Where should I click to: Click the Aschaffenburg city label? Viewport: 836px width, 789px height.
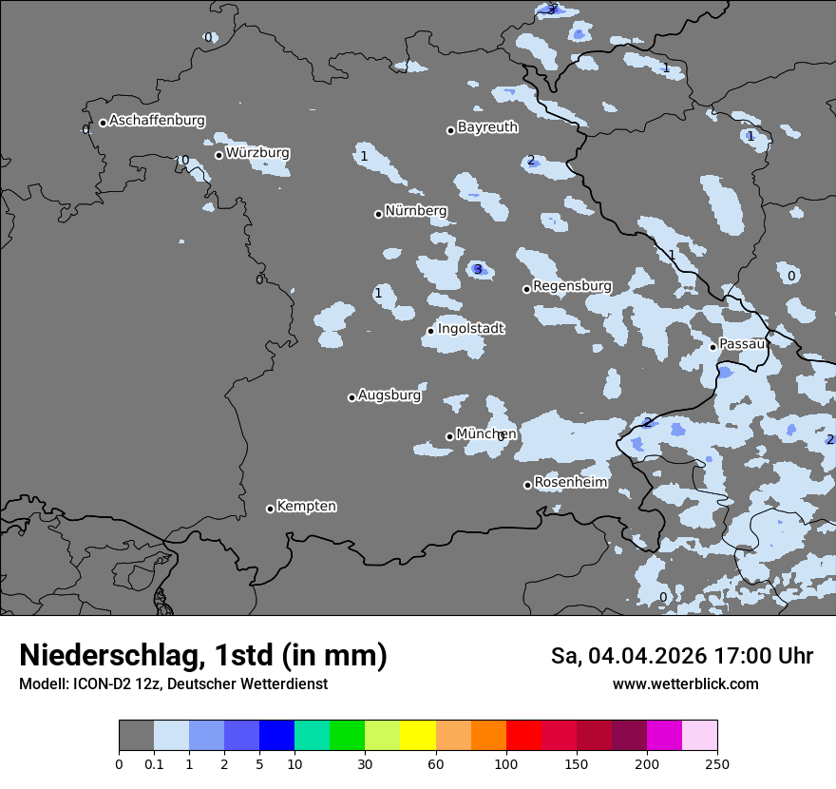[x=157, y=121]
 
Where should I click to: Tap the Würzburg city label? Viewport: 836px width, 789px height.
[x=257, y=153]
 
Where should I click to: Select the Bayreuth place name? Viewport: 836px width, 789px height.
[x=487, y=127]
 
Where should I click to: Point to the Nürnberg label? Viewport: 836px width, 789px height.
[x=415, y=211]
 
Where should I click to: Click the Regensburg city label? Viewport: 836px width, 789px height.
[x=572, y=286]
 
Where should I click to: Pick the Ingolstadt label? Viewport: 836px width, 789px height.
[x=470, y=329]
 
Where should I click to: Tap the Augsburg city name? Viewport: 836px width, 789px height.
[x=389, y=395]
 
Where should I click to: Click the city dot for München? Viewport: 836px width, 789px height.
[x=450, y=437]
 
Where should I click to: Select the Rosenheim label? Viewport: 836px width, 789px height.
[x=570, y=483]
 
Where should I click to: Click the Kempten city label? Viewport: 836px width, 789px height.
[x=306, y=507]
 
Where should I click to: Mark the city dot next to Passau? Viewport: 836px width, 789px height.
[x=713, y=347]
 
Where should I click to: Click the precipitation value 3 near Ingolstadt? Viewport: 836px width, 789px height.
[x=478, y=270]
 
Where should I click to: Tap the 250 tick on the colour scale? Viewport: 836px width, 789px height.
[x=717, y=763]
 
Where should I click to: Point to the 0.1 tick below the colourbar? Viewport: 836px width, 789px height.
[x=154, y=763]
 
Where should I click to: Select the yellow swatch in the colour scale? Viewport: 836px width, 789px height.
[x=418, y=736]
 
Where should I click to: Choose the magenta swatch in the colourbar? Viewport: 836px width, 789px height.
[x=664, y=736]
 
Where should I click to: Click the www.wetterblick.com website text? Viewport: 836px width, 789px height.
[x=685, y=684]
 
